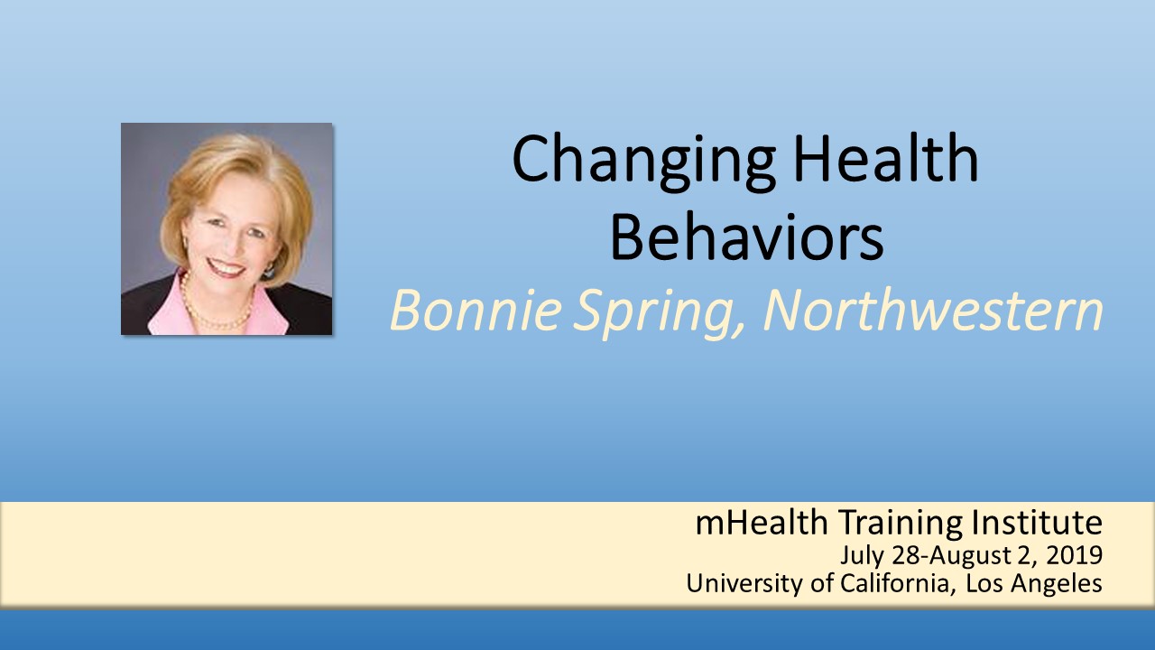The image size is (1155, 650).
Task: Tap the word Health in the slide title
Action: (886, 157)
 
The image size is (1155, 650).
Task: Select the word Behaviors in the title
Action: (746, 237)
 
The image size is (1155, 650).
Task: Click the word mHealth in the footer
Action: (762, 522)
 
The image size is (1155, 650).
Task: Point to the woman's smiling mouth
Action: (226, 267)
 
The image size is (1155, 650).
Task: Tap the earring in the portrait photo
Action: (269, 272)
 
